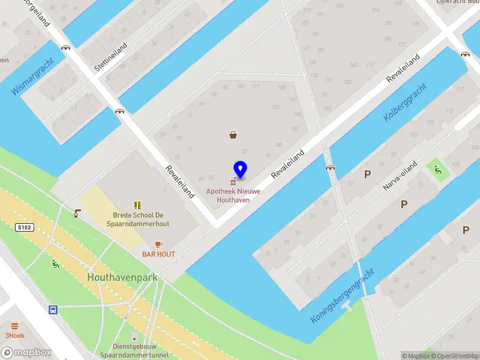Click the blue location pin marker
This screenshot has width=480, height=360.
(x=241, y=170)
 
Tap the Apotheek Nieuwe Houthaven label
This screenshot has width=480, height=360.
(x=233, y=195)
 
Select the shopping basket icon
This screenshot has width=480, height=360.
(x=233, y=135)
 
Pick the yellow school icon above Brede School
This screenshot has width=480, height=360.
(x=137, y=205)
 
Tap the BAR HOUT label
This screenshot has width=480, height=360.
(x=158, y=254)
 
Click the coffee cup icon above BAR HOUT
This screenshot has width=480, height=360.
(x=158, y=244)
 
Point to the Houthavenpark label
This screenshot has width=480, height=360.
(x=122, y=278)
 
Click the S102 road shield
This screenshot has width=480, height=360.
(x=23, y=227)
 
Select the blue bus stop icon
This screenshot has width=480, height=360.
(x=53, y=310)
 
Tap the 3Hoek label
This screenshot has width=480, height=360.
(x=14, y=335)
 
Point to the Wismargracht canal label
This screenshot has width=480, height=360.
(x=32, y=77)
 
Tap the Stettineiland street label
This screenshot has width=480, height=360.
(x=110, y=58)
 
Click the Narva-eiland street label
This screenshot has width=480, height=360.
(x=400, y=178)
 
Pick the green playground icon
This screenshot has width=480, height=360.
(x=438, y=170)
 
